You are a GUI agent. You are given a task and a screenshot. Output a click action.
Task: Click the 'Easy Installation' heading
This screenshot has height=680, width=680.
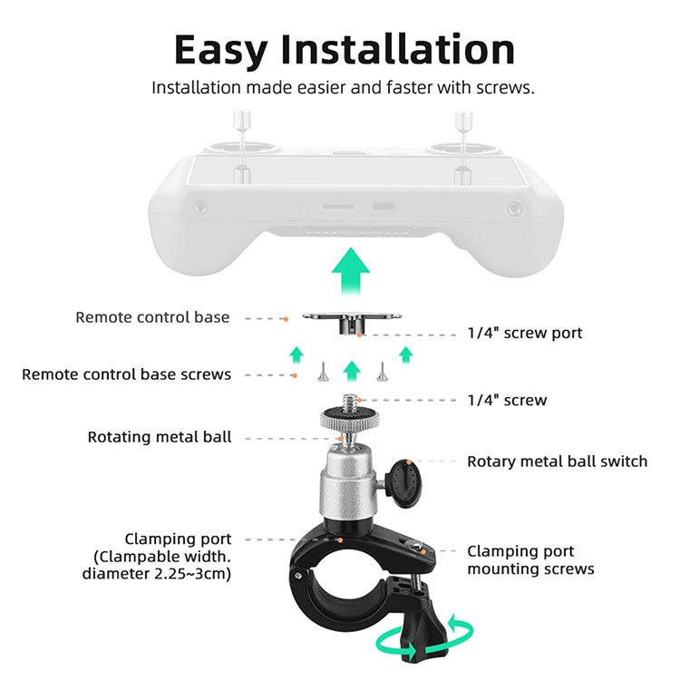coord(345,50)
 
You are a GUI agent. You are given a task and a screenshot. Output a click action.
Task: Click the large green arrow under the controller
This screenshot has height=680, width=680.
coord(350,272)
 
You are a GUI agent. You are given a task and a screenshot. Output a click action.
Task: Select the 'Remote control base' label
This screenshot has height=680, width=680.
coord(152,317)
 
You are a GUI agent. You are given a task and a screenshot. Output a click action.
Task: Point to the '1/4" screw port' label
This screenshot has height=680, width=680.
coord(525,333)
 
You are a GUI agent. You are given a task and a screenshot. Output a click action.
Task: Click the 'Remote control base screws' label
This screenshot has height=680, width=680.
coord(126,374)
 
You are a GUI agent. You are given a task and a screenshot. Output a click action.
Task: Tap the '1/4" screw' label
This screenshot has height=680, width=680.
coord(507,400)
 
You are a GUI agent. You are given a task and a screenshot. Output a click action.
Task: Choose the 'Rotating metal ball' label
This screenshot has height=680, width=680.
coord(160,437)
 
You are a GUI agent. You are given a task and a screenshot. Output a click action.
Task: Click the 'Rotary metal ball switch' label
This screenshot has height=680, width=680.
coord(558,461)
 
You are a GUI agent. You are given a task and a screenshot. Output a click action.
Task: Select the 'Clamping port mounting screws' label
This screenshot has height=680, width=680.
coord(530,560)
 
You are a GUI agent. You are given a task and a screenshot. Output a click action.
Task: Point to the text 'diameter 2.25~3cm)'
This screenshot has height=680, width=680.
coord(157,574)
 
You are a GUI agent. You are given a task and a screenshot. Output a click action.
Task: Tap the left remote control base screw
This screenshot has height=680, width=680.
coord(323,372)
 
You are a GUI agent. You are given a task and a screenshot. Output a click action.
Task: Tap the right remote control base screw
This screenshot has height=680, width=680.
coord(382,372)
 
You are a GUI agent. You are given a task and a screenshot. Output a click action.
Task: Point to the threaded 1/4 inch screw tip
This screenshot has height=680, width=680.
coord(350,403)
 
